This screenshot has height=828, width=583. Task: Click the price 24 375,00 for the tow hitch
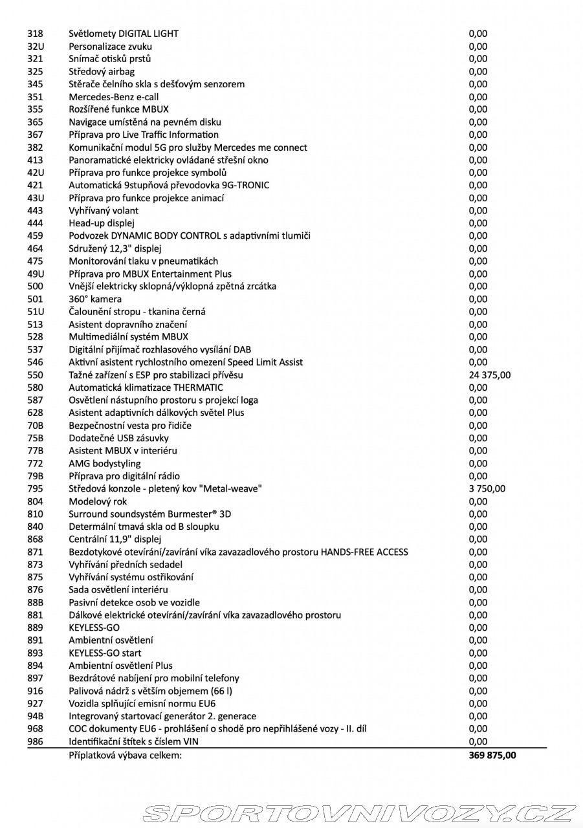pos(490,375)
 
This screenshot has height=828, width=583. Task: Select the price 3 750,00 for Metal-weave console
pos(487,489)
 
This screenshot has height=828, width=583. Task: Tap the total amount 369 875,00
pos(492,755)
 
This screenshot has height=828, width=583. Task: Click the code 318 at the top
pos(35,34)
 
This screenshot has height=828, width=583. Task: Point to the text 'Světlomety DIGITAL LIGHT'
pos(124,34)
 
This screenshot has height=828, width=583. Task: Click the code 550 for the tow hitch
pos(35,375)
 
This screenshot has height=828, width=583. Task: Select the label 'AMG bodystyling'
pos(105,464)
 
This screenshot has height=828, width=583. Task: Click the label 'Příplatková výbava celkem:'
pos(126,755)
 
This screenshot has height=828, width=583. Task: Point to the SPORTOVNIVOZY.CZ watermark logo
pos(358,813)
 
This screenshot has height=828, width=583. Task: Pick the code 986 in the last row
pos(35,742)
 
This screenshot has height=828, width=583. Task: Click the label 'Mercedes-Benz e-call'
pos(114,97)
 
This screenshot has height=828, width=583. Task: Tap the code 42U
pos(36,173)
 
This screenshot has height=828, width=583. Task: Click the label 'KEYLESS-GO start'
pos(105,653)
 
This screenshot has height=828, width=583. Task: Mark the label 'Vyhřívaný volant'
pos(104,211)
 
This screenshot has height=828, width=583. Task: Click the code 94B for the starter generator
pos(36,716)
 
